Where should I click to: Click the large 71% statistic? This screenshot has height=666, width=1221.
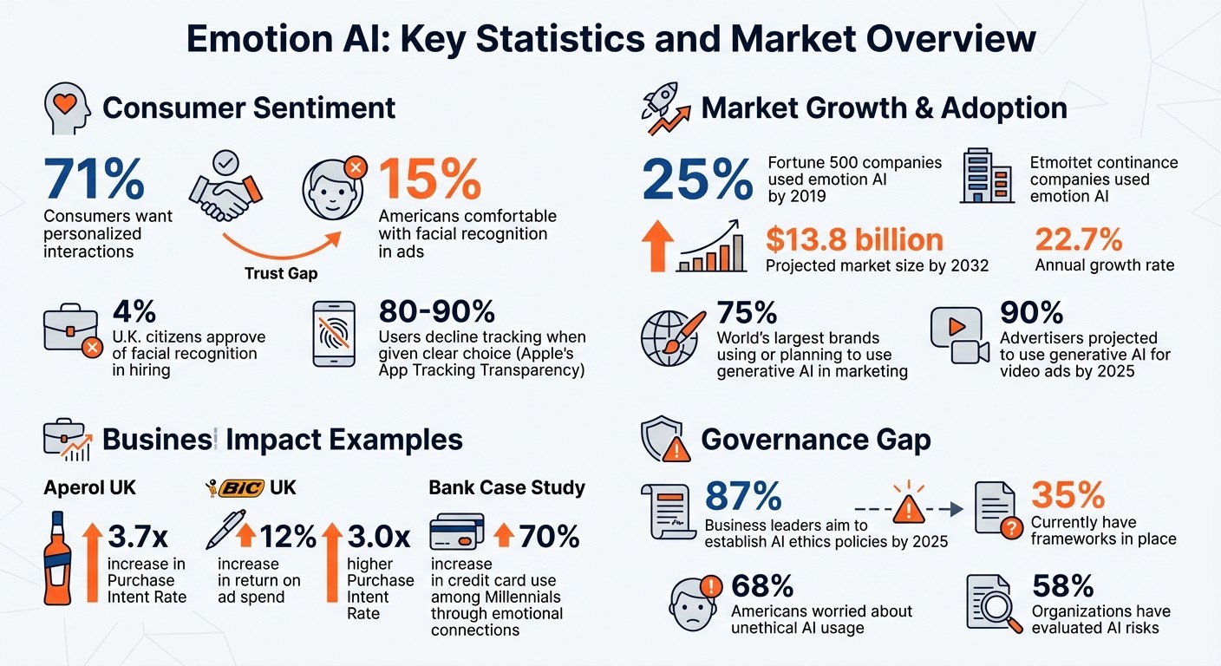(94, 180)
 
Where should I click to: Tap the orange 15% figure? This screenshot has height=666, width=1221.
(429, 180)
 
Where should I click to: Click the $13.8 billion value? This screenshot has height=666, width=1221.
(854, 239)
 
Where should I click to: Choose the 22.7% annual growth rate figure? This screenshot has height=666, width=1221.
(1078, 239)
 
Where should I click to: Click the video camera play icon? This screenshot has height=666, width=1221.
(959, 335)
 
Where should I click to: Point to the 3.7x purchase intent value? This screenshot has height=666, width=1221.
(138, 538)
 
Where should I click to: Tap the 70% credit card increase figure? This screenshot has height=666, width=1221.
(549, 538)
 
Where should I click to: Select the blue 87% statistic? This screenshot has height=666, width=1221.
(744, 495)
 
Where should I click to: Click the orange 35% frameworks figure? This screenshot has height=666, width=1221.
(1068, 495)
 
